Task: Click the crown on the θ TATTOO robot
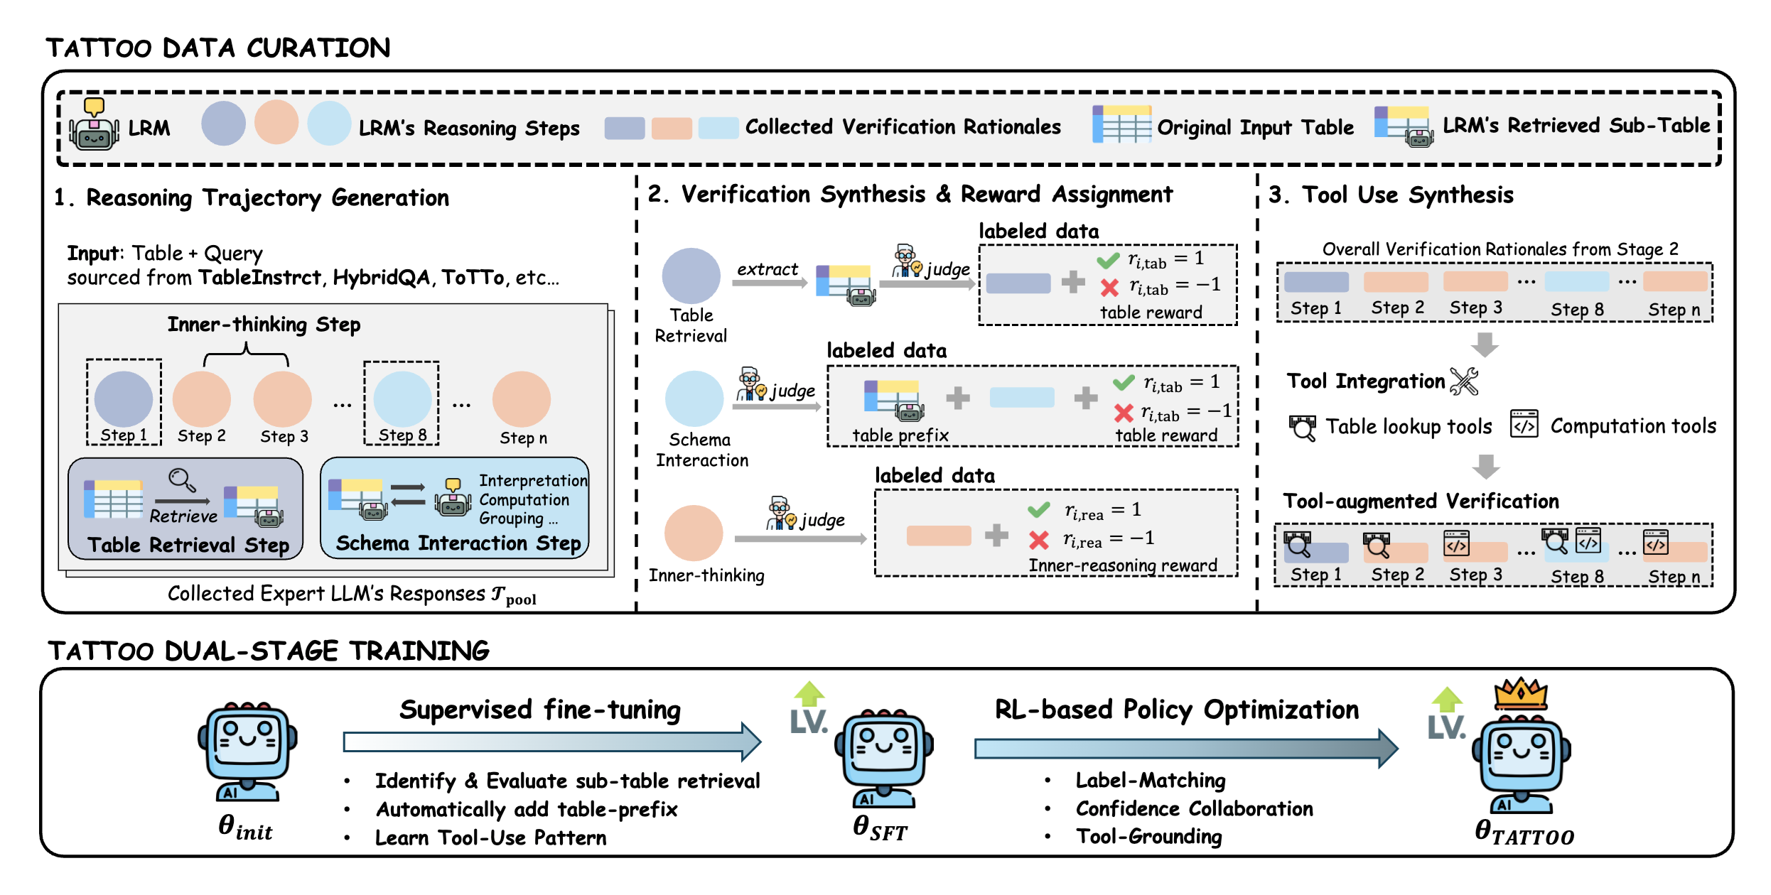1520,693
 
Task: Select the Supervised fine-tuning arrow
551,742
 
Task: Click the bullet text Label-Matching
1150,780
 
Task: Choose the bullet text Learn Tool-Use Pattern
490,837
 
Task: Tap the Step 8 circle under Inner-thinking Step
402,399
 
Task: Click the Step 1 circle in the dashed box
124,399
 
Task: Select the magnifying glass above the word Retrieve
182,480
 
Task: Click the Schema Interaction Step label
458,543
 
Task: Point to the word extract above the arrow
767,269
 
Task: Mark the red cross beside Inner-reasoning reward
1038,541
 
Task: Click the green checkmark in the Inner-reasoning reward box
1038,509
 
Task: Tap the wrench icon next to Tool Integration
1464,381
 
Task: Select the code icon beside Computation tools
1524,424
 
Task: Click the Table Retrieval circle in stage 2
691,276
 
